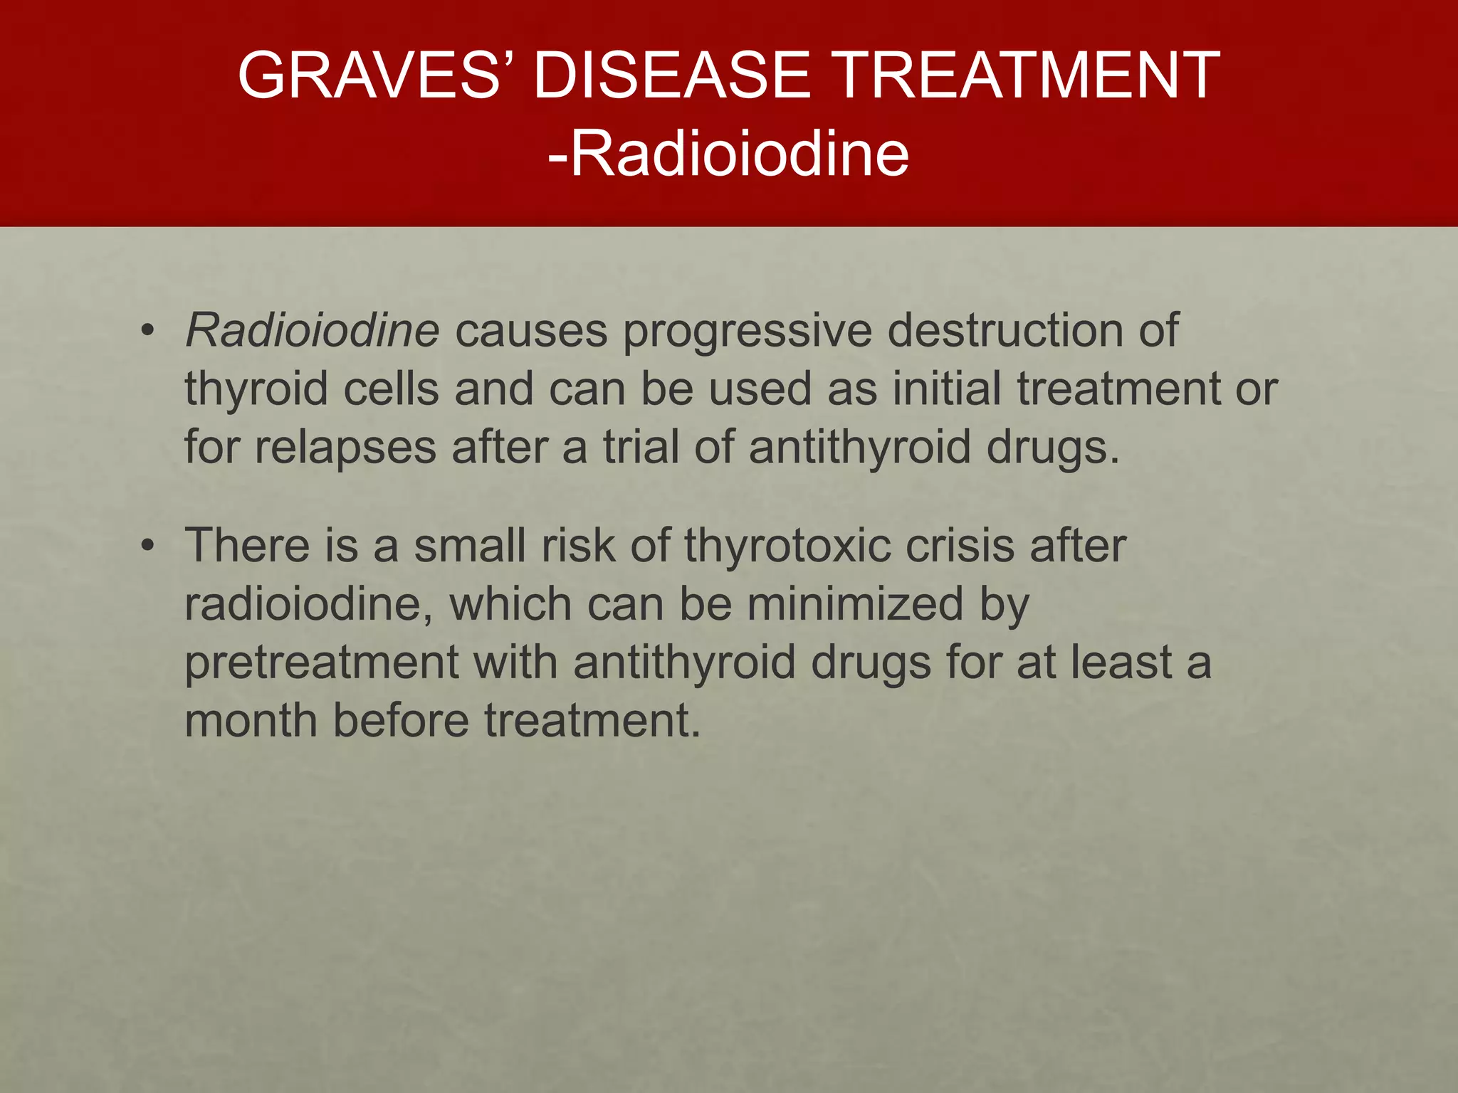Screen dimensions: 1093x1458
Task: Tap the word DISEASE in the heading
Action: click(x=671, y=75)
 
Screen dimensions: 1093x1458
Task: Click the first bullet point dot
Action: click(x=147, y=331)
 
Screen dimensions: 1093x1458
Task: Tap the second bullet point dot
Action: click(x=147, y=546)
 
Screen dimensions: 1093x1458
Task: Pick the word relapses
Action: click(x=345, y=448)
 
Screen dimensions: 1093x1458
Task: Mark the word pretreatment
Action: click(x=322, y=662)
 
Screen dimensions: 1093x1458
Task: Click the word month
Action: click(x=251, y=720)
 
